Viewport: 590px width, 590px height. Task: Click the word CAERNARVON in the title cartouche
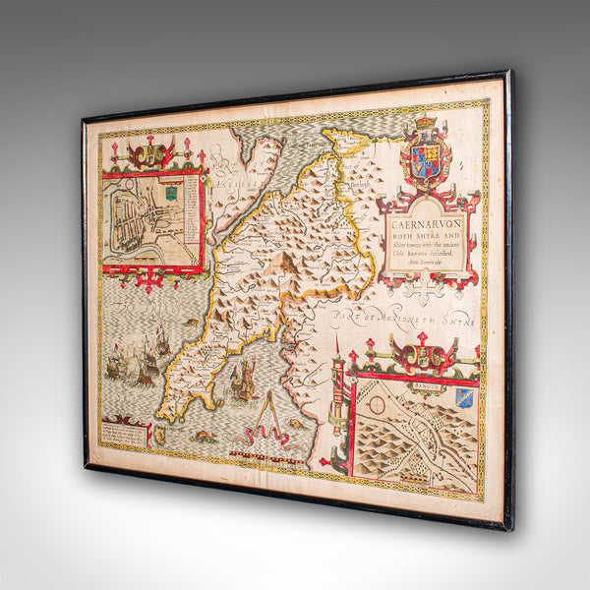coord(428,208)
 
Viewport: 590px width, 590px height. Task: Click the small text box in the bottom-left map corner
coord(122,431)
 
